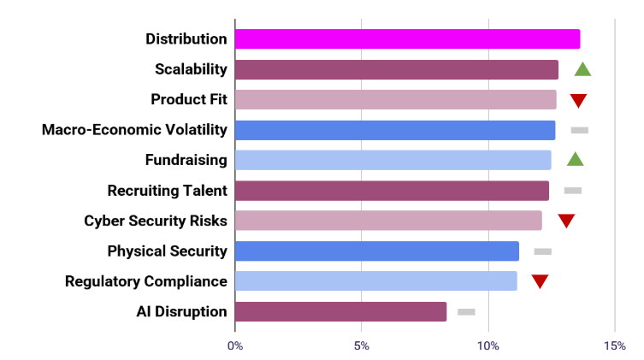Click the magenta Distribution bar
point(407,39)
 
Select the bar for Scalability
point(396,70)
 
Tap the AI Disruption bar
point(340,312)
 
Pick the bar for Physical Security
point(376,251)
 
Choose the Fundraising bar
point(393,160)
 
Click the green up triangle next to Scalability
point(582,69)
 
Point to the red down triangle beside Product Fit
point(578,101)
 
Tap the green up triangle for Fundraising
point(575,159)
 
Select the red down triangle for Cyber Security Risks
point(566,221)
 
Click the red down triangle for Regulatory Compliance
point(540,281)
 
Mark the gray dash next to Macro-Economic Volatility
point(579,130)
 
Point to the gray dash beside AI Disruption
point(466,312)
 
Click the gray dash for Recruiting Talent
point(572,191)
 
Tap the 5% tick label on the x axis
point(361,346)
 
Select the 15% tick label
point(614,346)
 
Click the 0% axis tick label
point(235,346)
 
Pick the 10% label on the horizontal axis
point(487,346)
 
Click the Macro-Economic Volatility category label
point(134,130)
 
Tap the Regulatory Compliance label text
point(146,281)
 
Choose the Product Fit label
point(189,100)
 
